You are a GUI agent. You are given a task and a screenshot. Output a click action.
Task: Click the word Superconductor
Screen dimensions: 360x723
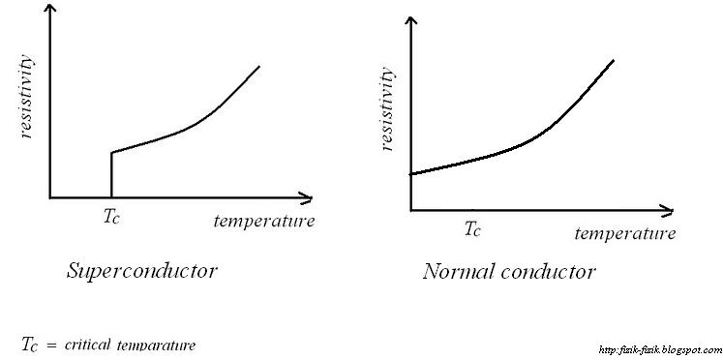(x=141, y=271)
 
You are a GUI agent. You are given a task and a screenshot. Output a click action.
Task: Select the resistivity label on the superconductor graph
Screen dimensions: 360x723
(x=26, y=97)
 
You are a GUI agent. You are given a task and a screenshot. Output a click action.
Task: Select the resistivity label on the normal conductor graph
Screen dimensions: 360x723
(x=386, y=107)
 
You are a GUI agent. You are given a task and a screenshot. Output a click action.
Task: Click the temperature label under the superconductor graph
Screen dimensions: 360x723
(x=264, y=221)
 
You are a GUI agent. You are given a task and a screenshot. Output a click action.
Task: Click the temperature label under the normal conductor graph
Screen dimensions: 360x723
(x=624, y=233)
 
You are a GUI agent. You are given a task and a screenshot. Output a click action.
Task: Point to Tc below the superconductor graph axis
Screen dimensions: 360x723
(x=112, y=218)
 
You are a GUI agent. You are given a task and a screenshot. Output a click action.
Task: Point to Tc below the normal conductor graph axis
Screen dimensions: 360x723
(x=471, y=229)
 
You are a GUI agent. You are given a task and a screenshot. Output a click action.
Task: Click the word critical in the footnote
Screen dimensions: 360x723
(x=88, y=345)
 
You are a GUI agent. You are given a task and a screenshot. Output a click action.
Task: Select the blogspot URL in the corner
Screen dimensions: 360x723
(x=660, y=350)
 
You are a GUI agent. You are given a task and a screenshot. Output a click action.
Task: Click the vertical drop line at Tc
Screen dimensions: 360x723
(x=111, y=175)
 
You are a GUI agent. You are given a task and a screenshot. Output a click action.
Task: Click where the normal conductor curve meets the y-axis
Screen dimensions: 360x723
(x=410, y=174)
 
